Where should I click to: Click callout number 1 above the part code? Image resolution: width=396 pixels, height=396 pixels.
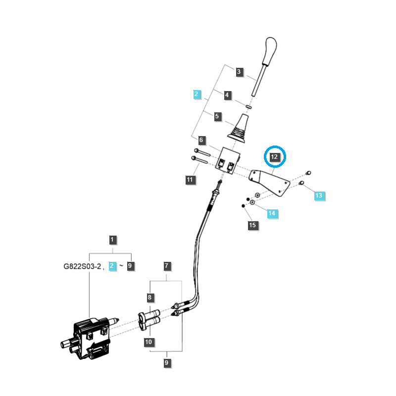coord(112,240)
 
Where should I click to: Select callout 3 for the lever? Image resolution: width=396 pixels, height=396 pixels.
coord(239,72)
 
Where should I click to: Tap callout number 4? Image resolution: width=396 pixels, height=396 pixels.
coord(227,95)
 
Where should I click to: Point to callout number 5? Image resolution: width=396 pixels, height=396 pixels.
coord(217,117)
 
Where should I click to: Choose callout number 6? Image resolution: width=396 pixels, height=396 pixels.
coord(201,140)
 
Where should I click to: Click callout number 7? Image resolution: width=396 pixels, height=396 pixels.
coord(167,266)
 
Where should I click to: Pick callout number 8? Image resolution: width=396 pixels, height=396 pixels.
coord(149,297)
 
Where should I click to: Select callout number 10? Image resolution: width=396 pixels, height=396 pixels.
coord(149,342)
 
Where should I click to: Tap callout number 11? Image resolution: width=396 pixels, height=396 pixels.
coord(190,180)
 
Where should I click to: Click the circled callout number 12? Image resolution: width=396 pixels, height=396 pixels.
coord(275,157)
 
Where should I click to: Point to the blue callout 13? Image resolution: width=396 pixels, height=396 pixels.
coord(319,196)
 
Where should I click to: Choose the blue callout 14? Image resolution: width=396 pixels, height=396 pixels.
coord(272,214)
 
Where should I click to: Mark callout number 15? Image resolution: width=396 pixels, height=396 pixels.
coord(252,225)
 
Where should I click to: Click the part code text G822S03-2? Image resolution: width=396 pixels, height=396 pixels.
coord(82,266)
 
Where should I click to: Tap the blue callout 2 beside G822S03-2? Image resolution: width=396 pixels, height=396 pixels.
coord(113,266)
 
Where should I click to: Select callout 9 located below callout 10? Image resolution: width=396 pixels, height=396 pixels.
coord(167,363)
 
